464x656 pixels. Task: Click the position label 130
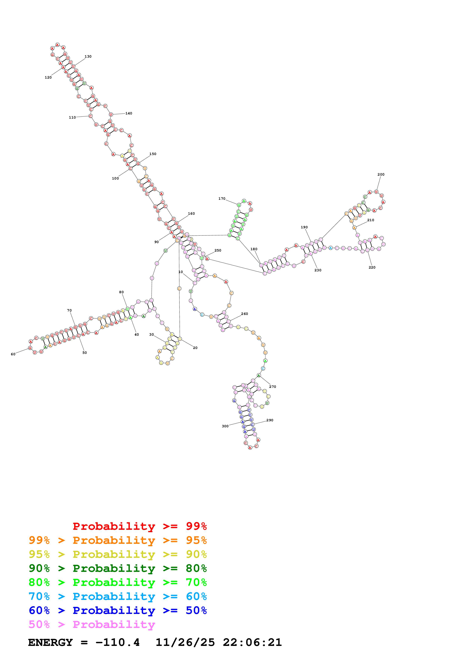[x=88, y=57]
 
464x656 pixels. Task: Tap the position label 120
[x=48, y=77]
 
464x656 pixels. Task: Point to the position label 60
[x=13, y=354]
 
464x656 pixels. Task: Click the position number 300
[x=225, y=426]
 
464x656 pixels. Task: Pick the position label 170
[x=222, y=199]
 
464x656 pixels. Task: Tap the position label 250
[x=218, y=250]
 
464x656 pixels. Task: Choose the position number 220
[x=372, y=267]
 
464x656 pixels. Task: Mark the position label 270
[x=273, y=387]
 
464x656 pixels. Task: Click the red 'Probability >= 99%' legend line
[x=139, y=526]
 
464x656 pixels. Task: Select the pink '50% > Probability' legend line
[x=92, y=625]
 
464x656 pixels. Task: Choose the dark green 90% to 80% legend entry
[x=118, y=568]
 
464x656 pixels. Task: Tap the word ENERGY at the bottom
[x=50, y=643]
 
